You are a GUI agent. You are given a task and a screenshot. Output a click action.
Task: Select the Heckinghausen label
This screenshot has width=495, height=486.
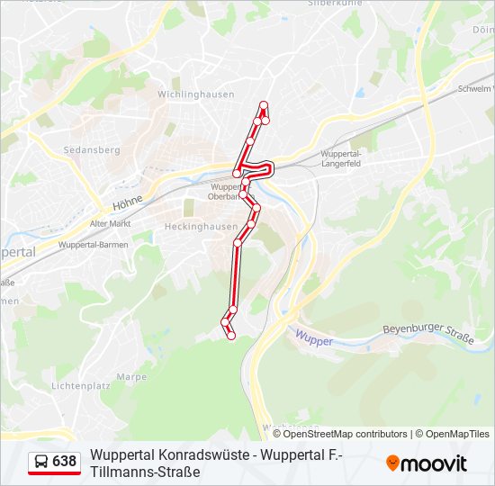tap(201, 227)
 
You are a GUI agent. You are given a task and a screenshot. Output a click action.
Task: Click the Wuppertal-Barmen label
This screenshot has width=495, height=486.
tap(93, 244)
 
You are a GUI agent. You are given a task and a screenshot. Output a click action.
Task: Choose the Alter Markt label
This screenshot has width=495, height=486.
tap(110, 223)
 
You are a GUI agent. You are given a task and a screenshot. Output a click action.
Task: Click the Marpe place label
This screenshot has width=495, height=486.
tap(131, 377)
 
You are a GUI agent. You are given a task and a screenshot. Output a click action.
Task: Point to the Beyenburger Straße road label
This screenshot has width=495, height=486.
tap(427, 334)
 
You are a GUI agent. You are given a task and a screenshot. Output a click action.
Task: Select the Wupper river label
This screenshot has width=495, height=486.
tap(313, 341)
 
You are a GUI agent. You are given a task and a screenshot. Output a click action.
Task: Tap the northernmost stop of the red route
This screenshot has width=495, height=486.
tap(264, 105)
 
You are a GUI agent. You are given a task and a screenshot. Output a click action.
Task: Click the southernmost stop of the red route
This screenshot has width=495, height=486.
tap(231, 336)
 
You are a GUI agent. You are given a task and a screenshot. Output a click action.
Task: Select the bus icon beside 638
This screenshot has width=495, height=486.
tap(41, 462)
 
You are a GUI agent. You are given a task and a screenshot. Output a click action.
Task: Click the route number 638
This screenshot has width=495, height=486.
tap(65, 462)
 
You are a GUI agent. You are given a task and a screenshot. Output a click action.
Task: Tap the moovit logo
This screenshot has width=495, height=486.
tap(427, 463)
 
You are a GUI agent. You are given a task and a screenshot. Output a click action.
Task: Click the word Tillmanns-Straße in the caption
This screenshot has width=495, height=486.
tap(144, 472)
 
